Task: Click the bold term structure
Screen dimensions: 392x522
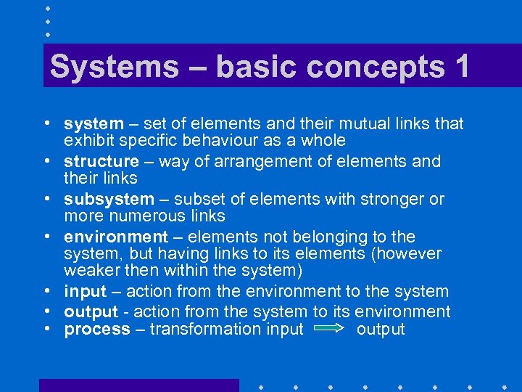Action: point(101,161)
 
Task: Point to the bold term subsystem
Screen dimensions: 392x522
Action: point(109,199)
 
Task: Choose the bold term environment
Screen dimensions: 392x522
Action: point(115,237)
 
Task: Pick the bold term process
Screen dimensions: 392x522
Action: point(96,330)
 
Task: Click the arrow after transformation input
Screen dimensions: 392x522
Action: point(329,330)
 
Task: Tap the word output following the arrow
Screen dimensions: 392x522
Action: point(381,330)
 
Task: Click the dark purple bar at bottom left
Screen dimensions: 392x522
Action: point(138,385)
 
